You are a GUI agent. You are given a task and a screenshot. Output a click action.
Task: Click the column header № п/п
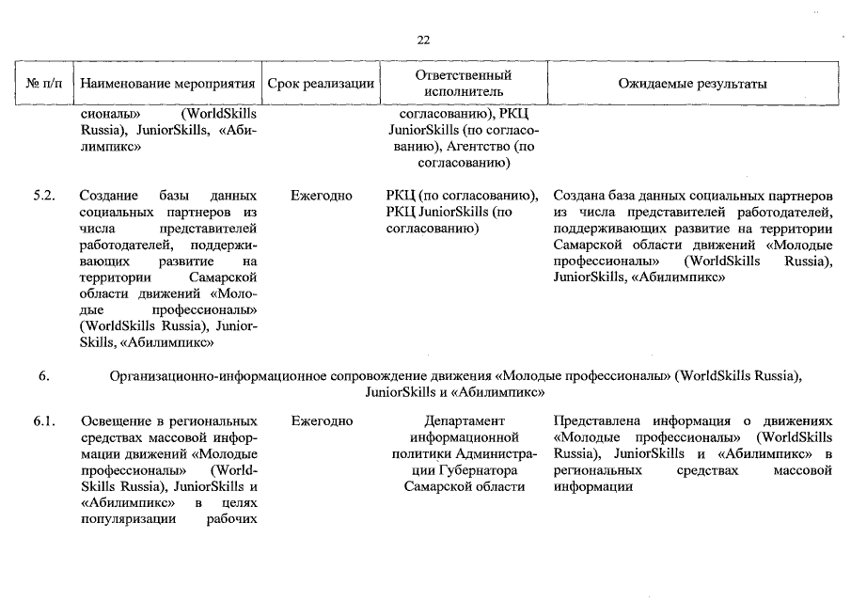click(44, 84)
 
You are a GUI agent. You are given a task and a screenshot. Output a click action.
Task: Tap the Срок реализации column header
click(321, 84)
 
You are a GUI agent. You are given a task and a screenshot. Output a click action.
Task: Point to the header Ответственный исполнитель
click(463, 84)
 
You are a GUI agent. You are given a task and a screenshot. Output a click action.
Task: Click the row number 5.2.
click(44, 196)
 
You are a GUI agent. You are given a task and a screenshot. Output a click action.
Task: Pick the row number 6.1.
click(44, 420)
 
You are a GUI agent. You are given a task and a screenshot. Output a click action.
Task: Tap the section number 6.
click(43, 376)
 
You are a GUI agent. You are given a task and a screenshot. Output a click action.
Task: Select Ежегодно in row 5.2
click(322, 196)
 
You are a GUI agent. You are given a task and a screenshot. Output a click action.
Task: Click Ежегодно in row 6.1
click(322, 420)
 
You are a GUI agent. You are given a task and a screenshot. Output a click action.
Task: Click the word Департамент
click(465, 420)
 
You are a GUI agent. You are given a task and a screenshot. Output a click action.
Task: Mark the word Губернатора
click(480, 469)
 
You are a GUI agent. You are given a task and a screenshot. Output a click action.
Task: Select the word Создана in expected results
click(577, 196)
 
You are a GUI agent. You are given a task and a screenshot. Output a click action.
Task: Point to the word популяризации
click(123, 520)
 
